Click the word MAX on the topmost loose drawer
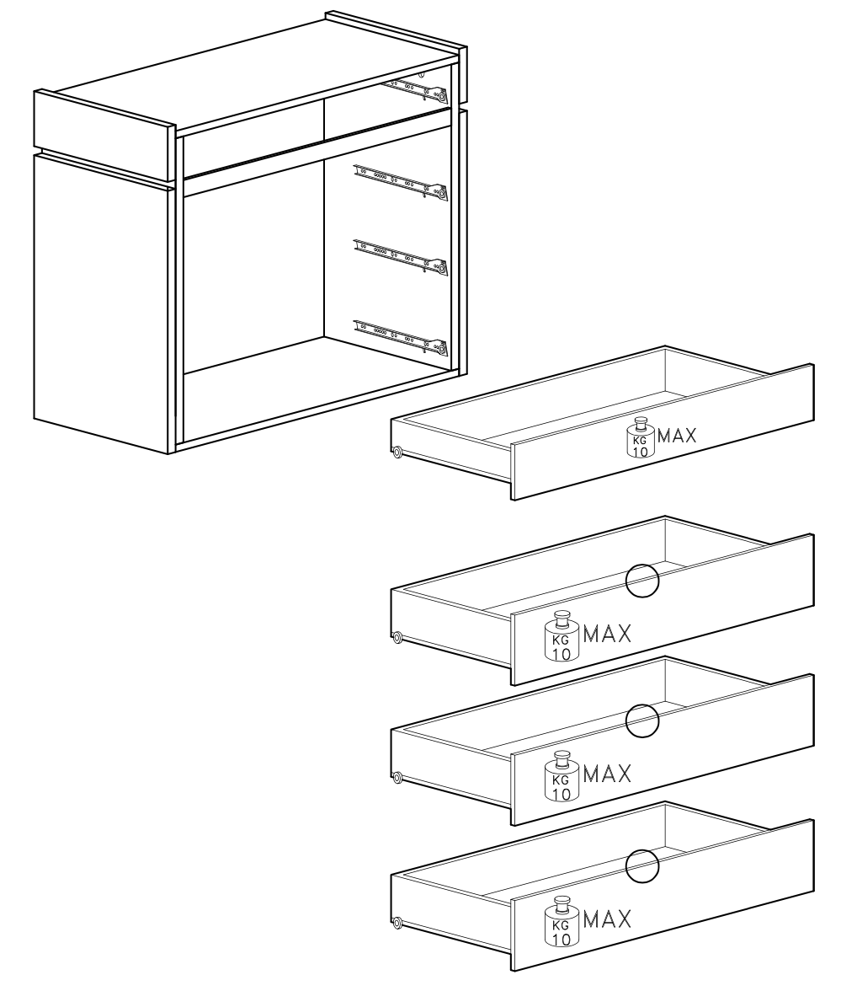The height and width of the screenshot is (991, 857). pyautogui.click(x=677, y=437)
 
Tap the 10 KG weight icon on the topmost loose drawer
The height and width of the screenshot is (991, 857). pyautogui.click(x=640, y=437)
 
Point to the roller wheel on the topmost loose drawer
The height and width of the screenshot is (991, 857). pyautogui.click(x=397, y=453)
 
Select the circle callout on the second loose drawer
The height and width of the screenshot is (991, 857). pyautogui.click(x=642, y=580)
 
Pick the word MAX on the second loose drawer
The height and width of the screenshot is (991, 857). pyautogui.click(x=607, y=634)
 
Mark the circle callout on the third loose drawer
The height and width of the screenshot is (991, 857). pyautogui.click(x=642, y=720)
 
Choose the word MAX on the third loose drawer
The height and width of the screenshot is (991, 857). pyautogui.click(x=607, y=774)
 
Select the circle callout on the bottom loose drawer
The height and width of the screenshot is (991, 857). pyautogui.click(x=642, y=865)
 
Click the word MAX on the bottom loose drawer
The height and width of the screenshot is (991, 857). pyautogui.click(x=607, y=919)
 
